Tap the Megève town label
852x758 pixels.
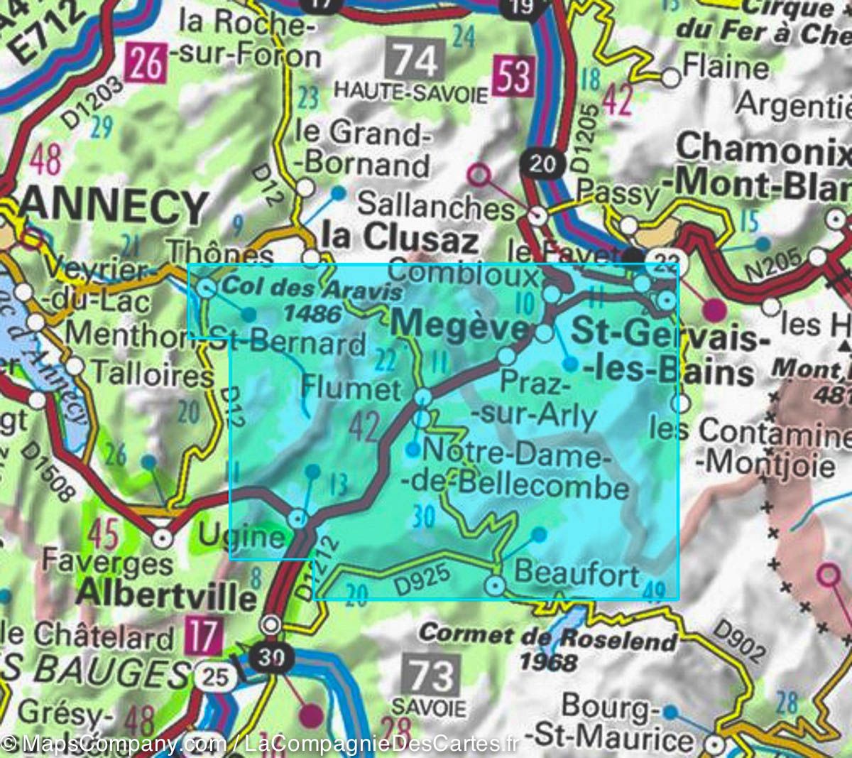(x=460, y=325)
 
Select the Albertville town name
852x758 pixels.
(x=165, y=594)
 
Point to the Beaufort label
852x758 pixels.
(x=577, y=572)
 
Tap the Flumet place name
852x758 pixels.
(x=351, y=389)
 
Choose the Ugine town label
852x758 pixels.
(x=241, y=535)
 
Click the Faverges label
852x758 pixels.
(x=106, y=563)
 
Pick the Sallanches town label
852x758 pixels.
(x=435, y=206)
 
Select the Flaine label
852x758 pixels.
(x=725, y=68)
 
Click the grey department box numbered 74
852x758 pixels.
(x=416, y=60)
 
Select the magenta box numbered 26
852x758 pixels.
(x=146, y=64)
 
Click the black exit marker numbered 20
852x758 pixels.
(x=542, y=164)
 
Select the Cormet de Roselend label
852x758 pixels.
(x=548, y=637)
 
